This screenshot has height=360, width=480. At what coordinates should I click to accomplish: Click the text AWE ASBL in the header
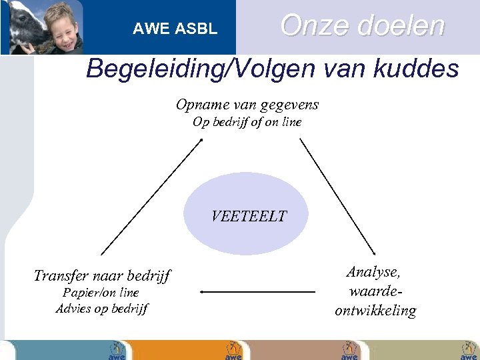click(x=175, y=29)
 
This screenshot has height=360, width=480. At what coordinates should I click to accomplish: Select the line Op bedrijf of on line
click(x=247, y=122)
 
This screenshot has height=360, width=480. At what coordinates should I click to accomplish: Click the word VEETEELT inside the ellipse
click(x=248, y=216)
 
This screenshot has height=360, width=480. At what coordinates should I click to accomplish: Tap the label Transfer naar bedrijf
click(x=102, y=275)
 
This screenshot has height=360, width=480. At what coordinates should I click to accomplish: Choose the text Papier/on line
click(x=101, y=293)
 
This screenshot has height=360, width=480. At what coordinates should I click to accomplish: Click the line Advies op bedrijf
click(x=102, y=309)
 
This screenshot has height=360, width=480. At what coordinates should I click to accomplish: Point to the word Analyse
click(x=373, y=272)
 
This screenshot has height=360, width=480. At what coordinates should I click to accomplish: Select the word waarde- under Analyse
click(x=375, y=291)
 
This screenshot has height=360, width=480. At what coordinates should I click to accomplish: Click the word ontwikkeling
click(x=375, y=311)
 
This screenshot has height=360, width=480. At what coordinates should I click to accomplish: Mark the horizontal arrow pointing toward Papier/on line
click(x=257, y=292)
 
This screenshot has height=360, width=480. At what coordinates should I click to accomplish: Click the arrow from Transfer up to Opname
click(x=151, y=196)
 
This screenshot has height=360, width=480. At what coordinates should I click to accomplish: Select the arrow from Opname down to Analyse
click(x=338, y=196)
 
